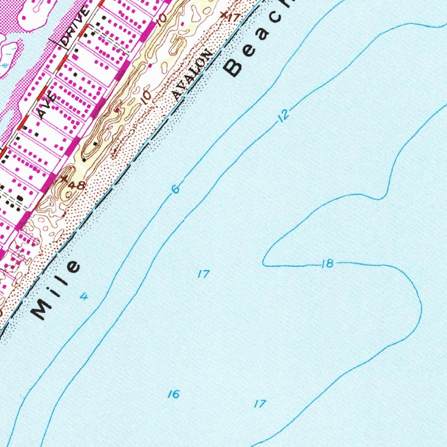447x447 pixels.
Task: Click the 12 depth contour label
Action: (x=284, y=115)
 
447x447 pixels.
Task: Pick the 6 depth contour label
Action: (x=175, y=189)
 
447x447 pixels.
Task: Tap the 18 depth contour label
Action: (x=327, y=263)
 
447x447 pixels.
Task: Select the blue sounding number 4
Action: (x=84, y=297)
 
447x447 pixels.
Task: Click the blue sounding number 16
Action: (x=174, y=394)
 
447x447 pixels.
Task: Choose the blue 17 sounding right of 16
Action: (x=259, y=404)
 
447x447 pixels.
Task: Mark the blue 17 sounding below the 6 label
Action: (x=203, y=275)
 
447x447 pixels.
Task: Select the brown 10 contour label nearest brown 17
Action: (x=162, y=20)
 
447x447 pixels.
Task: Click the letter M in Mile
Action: (x=41, y=310)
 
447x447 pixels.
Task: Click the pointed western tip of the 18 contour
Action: (x=263, y=264)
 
